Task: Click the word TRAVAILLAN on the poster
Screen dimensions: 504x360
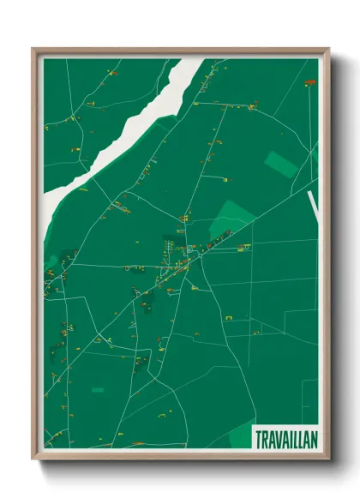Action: click(285, 439)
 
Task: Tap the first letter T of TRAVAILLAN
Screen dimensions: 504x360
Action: click(258, 439)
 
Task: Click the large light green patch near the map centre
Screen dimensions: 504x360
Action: click(227, 218)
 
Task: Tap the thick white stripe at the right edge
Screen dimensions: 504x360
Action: click(312, 206)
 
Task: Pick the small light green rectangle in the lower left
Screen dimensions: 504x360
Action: click(98, 390)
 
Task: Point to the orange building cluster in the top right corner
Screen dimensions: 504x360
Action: click(309, 82)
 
